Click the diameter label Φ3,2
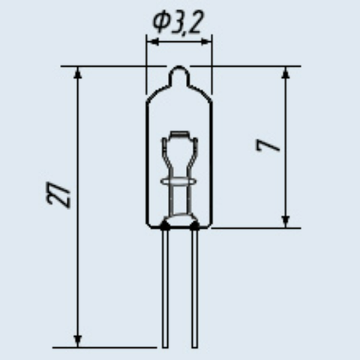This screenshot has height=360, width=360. pos(178,22)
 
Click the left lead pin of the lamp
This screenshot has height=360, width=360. pos(165,288)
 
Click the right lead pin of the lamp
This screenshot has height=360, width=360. pos(195,288)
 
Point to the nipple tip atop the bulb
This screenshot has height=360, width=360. pos(179,67)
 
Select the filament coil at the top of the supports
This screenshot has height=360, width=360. pos(179,134)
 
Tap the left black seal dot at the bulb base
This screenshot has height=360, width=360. pos(164,226)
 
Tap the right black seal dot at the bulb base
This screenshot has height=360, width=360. pos(194,226)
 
